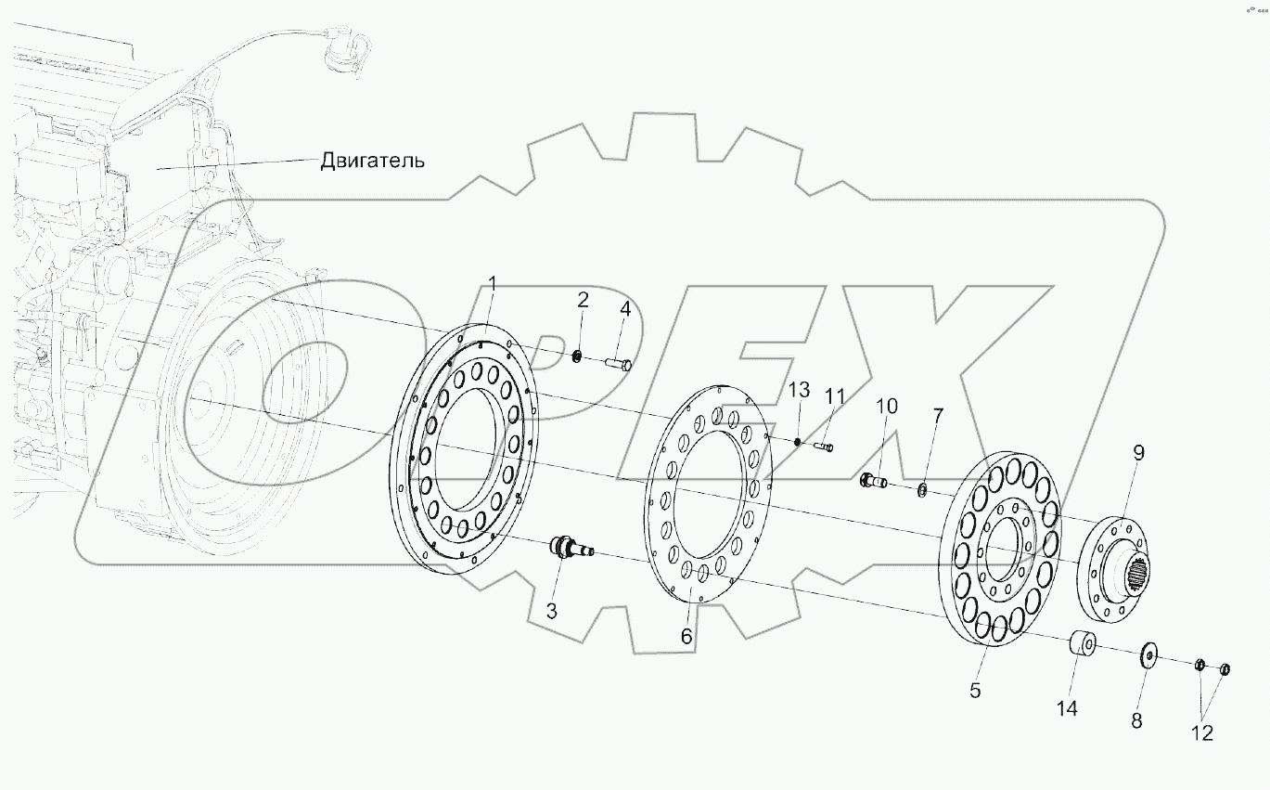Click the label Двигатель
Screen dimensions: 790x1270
[372, 161]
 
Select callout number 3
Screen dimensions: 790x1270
[551, 611]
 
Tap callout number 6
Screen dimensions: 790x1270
[686, 637]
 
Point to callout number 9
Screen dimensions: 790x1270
[1138, 453]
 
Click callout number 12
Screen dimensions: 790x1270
[1201, 732]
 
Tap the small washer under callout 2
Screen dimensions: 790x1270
[578, 356]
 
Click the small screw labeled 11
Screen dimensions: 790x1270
[824, 448]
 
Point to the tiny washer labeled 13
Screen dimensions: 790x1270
[797, 440]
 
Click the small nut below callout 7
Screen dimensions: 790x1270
[923, 489]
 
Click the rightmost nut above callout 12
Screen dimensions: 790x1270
[1224, 669]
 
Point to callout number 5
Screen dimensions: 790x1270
[975, 690]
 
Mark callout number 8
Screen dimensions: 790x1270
[1136, 719]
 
